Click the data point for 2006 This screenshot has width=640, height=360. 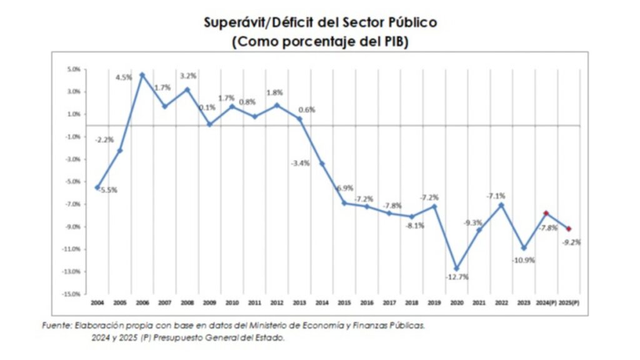pos(142,75)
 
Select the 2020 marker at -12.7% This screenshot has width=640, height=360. pos(457,268)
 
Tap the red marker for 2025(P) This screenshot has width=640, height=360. pos(569,229)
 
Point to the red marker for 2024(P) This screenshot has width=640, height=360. pos(546,213)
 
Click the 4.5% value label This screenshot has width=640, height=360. pos(123,77)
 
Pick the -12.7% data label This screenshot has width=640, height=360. pos(457,277)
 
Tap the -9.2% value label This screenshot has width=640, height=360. pos(571,242)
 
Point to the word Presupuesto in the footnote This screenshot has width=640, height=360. pos(173,338)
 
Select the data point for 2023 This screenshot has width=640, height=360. pos(524,248)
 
